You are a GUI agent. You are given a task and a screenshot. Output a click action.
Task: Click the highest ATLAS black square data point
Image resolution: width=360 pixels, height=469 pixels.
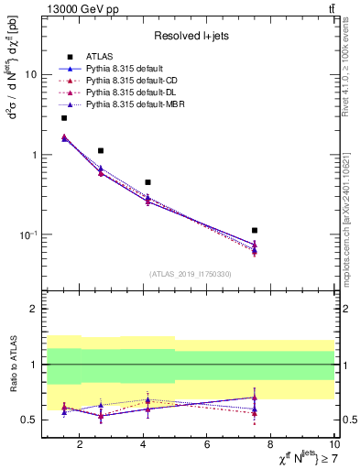pos(64,118)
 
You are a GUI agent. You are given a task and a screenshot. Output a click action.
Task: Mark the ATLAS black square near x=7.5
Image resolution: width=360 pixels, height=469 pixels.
pos(255,230)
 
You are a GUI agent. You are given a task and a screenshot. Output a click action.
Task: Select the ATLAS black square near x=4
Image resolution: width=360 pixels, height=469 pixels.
pos(147,182)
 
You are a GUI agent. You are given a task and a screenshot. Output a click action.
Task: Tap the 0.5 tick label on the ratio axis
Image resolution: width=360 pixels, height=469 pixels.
pos(29,420)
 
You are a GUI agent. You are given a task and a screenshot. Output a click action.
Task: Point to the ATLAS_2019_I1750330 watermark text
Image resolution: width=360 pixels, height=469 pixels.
pos(190,274)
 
